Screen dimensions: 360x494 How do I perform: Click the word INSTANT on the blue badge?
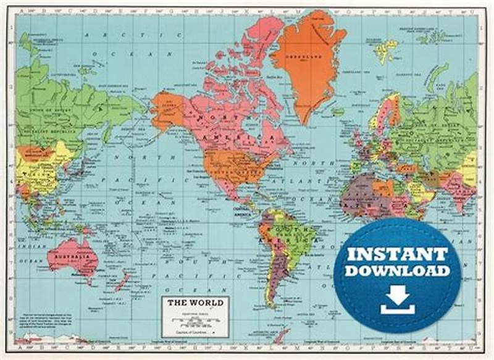coord(396,254)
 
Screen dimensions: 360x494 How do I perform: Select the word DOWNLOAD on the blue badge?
coord(397,270)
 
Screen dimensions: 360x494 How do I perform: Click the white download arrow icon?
coord(397,299)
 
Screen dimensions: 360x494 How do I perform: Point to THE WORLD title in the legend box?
coord(195,304)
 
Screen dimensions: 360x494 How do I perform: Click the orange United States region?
coord(232,164)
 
